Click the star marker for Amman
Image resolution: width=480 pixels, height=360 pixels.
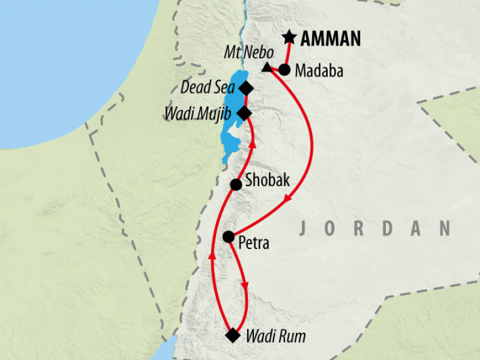point(289,38)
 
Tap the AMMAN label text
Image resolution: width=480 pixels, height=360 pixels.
point(330,40)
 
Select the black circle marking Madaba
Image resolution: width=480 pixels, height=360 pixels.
point(284,70)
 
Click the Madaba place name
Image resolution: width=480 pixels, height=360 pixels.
point(319,71)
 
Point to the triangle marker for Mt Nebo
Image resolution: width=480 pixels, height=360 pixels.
point(266,68)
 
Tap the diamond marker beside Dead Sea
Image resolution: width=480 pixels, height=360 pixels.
point(245,88)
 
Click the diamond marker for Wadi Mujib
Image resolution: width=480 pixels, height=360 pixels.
point(244,113)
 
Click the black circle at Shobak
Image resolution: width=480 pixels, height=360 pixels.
point(236,184)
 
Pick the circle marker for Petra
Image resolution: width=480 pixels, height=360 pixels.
point(228,236)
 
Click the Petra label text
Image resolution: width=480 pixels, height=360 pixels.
point(254,244)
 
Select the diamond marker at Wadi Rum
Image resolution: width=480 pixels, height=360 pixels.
point(232,335)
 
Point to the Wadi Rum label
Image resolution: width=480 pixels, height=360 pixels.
point(275,337)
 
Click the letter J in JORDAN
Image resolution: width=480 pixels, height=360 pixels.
point(303,228)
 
